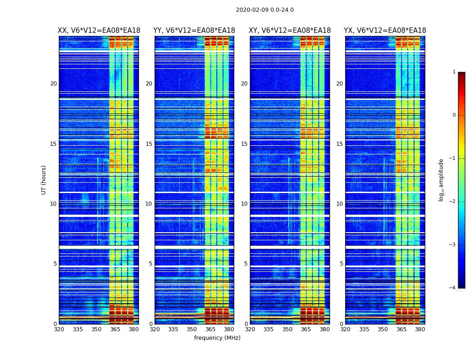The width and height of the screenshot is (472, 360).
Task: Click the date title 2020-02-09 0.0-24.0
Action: (265, 10)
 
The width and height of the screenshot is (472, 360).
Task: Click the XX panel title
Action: (99, 31)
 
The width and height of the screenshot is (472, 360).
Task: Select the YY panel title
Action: (194, 31)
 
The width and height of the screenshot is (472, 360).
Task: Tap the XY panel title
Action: (290, 31)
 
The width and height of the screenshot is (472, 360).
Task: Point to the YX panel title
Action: (385, 31)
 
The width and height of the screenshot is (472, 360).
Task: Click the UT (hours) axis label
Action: (44, 180)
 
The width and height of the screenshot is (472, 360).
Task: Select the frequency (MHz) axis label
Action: (217, 338)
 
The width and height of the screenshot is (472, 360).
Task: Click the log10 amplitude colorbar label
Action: (441, 180)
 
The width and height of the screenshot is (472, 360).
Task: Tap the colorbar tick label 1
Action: (454, 72)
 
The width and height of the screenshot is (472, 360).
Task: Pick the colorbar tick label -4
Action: (453, 288)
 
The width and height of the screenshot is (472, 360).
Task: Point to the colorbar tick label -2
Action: (453, 202)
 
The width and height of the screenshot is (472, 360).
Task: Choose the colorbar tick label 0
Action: (454, 115)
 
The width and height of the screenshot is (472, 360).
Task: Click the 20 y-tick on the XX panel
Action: (53, 84)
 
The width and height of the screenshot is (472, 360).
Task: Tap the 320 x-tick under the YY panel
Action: (155, 329)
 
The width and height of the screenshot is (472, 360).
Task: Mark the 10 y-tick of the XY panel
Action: (244, 204)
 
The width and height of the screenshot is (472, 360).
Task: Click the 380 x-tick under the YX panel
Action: (420, 329)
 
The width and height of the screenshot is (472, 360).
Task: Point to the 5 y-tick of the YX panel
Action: (342, 264)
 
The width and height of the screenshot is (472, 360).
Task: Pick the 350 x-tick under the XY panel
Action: (287, 329)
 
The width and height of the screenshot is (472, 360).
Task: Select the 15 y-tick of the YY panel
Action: (149, 144)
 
